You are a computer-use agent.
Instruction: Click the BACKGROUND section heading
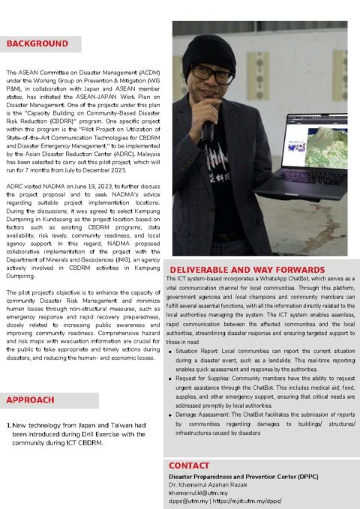(37, 44)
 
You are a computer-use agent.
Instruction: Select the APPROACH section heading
(30, 400)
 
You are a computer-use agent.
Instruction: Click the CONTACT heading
(189, 466)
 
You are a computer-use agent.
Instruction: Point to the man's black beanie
(211, 49)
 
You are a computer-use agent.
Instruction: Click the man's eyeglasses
(212, 73)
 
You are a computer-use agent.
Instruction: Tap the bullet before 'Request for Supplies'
(173, 379)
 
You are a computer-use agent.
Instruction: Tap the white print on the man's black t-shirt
(217, 161)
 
